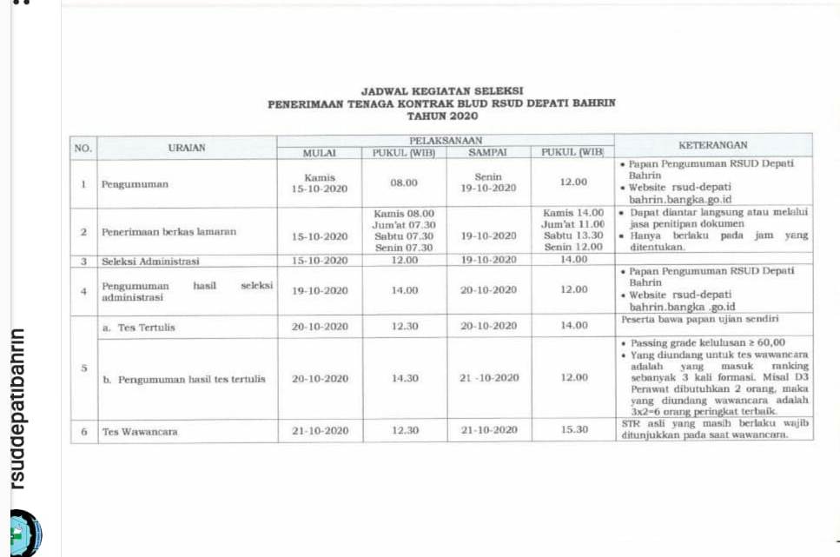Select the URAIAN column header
tap(187, 149)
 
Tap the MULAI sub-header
tap(319, 154)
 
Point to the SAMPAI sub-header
tap(487, 154)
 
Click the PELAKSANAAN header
tap(445, 140)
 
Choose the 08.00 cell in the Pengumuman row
tap(404, 182)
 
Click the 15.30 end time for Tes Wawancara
tap(574, 430)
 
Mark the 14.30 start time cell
tap(404, 378)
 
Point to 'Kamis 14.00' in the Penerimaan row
tap(573, 213)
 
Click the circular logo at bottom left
tap(24, 532)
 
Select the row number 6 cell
tap(83, 431)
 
